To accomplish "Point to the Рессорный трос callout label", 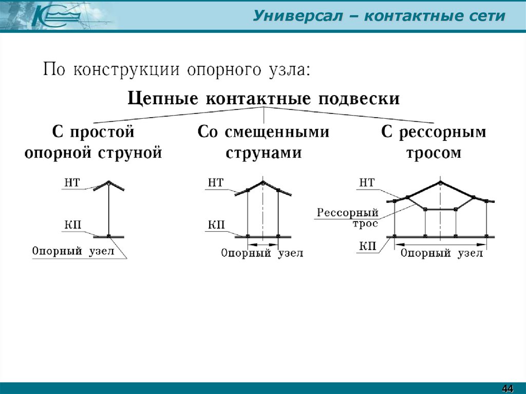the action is [348, 217].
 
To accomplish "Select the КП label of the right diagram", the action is [367, 247].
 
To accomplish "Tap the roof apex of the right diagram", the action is [440, 182].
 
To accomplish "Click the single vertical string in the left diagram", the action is [109, 211].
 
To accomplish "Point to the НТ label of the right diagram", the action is [367, 182].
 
